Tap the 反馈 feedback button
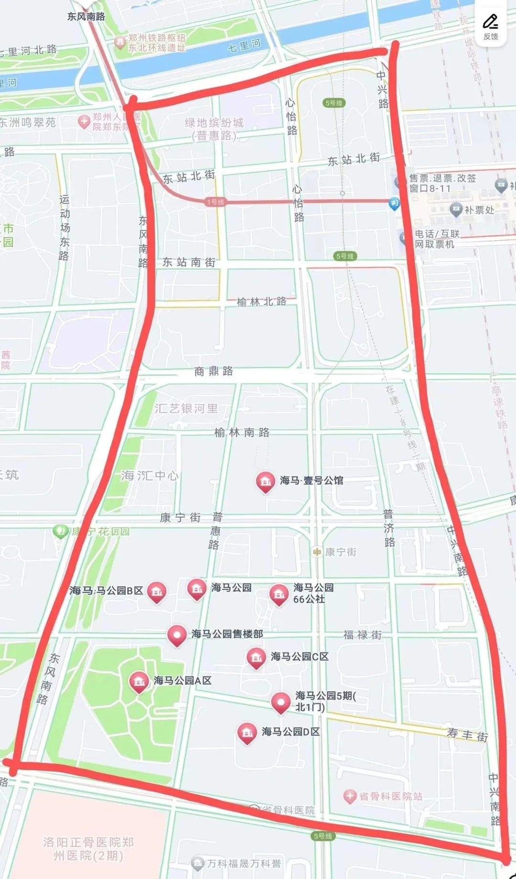490,27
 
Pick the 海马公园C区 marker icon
256,657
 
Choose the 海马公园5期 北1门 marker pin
280,702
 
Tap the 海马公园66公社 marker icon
279,593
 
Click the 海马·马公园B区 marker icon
156,591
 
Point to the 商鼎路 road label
214,371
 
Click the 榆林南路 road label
242,433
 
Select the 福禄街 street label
362,635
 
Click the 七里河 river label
244,46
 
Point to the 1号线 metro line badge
215,202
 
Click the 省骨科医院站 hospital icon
350,796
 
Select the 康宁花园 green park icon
60,531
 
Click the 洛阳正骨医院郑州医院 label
88,848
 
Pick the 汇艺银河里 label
186,409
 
